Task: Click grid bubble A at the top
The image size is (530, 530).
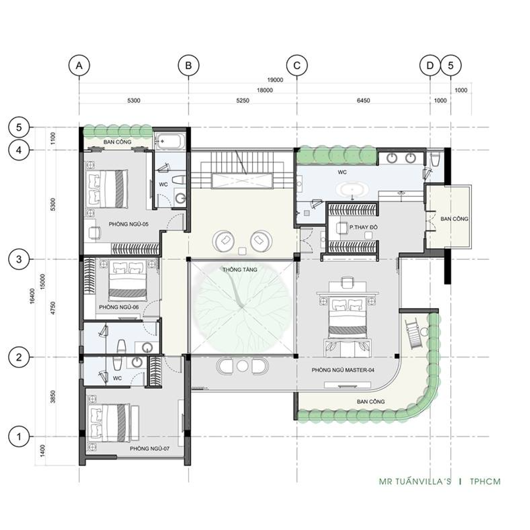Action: coord(79,65)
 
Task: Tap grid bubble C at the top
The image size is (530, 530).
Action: coord(297,65)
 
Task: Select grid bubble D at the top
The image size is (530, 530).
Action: coord(430,65)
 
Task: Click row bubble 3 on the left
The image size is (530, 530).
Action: coord(19,259)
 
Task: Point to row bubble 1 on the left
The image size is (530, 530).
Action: coord(19,436)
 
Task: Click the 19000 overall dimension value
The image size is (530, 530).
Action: coord(275,80)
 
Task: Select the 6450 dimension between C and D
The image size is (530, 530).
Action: coord(363,101)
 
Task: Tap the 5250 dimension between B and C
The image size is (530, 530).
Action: coord(243,101)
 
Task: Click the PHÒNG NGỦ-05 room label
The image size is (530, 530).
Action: coord(128,224)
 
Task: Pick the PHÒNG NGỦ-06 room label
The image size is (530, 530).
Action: coord(119,307)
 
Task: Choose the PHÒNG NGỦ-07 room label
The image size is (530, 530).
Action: coord(150,448)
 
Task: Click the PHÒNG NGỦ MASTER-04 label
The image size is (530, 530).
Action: coord(343,370)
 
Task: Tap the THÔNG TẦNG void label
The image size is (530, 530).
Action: coord(240,269)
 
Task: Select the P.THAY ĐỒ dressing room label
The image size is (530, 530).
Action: coord(363,227)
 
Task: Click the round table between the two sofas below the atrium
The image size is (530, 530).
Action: coord(243,366)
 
